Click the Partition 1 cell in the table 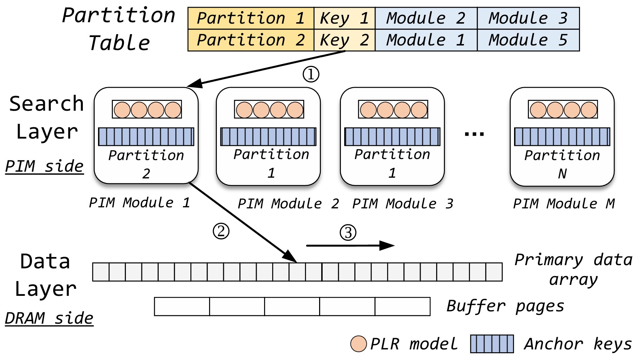point(251,18)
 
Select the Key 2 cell point(344,40)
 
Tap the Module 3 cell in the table point(528,18)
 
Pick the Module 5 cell point(528,40)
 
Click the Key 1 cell point(344,18)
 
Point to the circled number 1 point(311,74)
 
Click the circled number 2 point(221,231)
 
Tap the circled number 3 point(348,233)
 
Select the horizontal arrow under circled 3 point(350,245)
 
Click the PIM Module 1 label point(139,203)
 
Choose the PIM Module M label point(563,204)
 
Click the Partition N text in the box point(562,164)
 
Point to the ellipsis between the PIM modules point(474,134)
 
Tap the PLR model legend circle point(359,344)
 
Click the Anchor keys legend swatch point(492,344)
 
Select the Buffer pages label point(505,306)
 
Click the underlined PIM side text point(44,166)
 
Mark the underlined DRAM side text point(49,318)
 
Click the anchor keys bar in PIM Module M point(562,137)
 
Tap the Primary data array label point(573,269)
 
